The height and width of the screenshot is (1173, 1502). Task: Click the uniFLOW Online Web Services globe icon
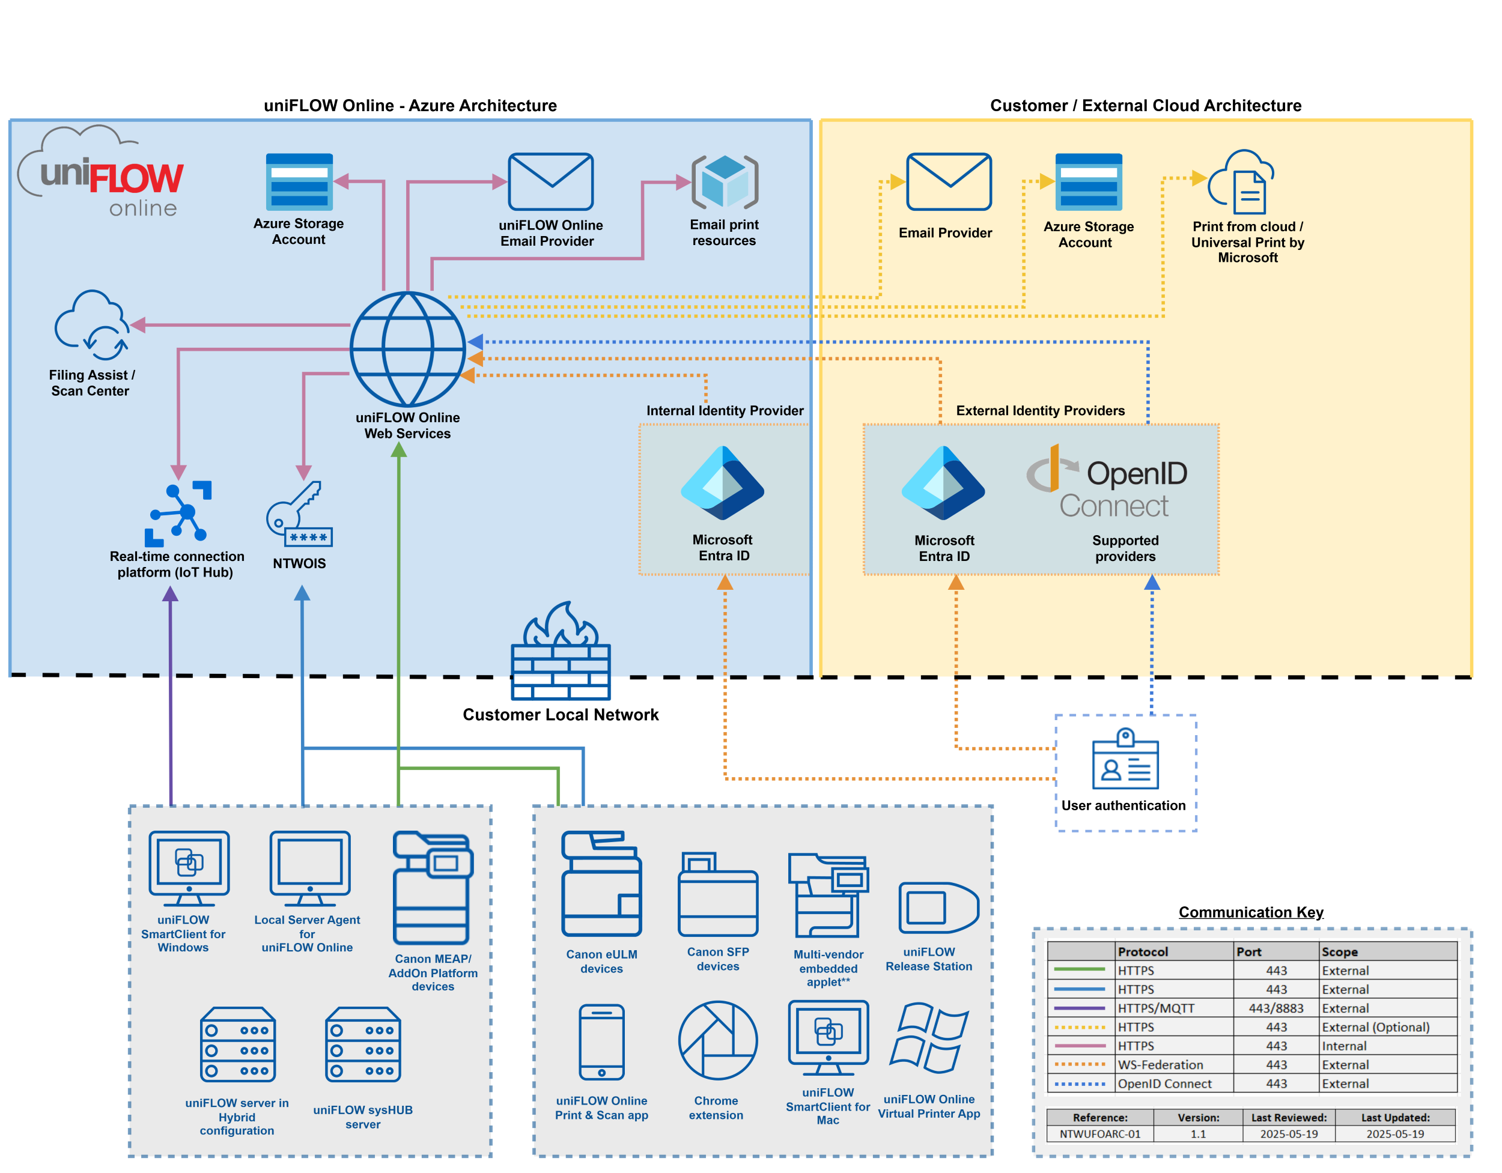pos(408,350)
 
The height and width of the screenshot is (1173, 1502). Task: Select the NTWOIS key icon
pos(299,514)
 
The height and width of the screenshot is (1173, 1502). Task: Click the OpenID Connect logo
pos(1108,482)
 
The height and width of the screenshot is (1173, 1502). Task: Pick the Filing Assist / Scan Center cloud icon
pos(92,325)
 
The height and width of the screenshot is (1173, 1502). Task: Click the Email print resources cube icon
pos(725,182)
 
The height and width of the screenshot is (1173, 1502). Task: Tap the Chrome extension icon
pos(717,1040)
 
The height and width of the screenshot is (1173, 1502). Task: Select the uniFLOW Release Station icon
pos(938,908)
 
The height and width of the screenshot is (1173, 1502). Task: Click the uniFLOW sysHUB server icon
pos(363,1045)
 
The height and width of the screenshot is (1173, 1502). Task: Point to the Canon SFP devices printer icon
pos(717,896)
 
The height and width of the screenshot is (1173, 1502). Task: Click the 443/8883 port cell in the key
pos(1275,1008)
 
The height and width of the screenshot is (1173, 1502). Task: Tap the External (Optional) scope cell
pos(1375,1026)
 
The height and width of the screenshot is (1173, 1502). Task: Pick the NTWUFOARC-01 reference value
pos(1099,1134)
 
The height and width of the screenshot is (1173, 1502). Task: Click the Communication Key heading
pos(1250,912)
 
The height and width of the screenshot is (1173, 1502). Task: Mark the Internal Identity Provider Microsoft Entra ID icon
pos(722,483)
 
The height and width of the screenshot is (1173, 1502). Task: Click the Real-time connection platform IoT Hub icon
pos(178,514)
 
